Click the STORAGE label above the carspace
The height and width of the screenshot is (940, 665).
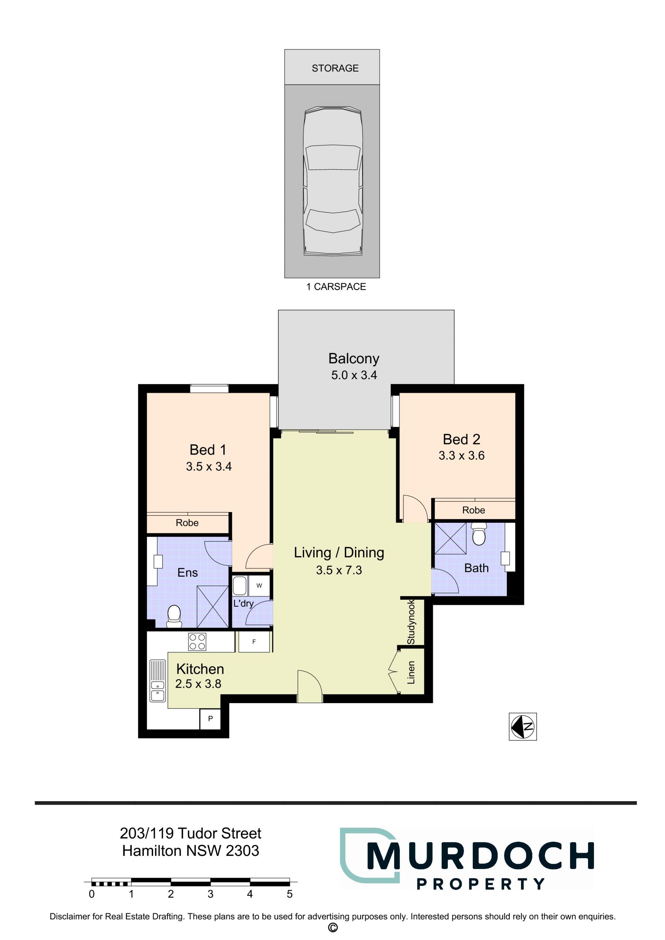coord(335,68)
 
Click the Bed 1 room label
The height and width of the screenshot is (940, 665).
coord(208,450)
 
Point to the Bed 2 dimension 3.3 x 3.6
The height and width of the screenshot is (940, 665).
coord(461,456)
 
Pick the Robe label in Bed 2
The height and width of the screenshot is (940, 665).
coord(474,510)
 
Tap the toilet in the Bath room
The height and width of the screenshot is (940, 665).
coord(479,534)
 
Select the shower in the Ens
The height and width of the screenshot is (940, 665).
coord(213,607)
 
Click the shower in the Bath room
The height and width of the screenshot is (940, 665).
coord(450,538)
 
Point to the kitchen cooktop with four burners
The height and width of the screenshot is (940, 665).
coord(197,642)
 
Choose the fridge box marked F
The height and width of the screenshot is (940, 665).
coord(254,642)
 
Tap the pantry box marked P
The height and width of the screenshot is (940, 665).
coord(211,718)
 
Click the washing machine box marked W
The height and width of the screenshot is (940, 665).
coord(259,586)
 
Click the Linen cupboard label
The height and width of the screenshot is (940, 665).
coord(411,673)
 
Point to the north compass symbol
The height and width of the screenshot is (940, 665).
coord(523,727)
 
